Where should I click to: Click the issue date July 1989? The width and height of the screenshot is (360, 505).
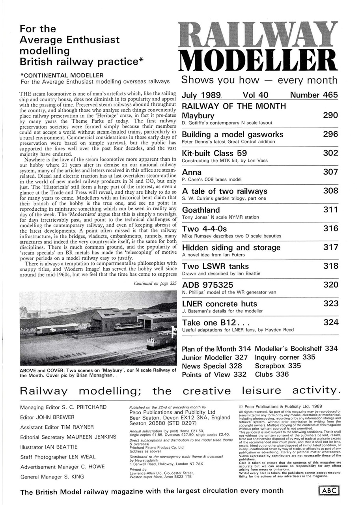(x=201, y=95)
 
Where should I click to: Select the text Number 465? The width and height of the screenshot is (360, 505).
(x=314, y=95)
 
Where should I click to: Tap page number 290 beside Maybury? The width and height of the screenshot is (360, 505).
(x=330, y=115)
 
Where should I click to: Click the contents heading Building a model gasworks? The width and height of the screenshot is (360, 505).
(x=232, y=134)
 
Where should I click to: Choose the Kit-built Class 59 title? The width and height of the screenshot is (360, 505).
(x=214, y=153)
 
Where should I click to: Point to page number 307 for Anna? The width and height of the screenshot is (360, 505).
(x=330, y=172)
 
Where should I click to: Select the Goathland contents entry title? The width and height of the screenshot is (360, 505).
(x=201, y=210)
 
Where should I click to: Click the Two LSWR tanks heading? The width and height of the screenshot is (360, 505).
(x=212, y=266)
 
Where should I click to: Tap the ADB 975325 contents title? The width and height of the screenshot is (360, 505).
(x=207, y=285)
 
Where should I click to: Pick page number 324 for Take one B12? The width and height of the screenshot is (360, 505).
(x=330, y=322)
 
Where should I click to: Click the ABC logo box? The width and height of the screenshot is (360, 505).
(x=328, y=491)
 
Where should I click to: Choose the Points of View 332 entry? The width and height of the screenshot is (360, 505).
(x=214, y=374)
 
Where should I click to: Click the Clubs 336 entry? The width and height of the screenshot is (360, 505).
(x=272, y=374)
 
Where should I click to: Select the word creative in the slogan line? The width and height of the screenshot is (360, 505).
(x=207, y=391)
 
